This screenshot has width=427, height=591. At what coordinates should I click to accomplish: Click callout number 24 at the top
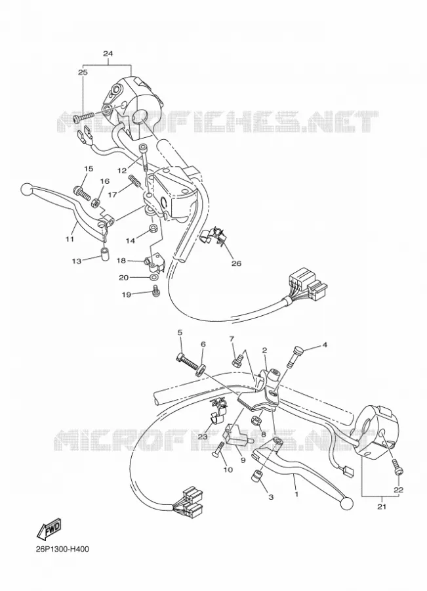pyautogui.click(x=108, y=54)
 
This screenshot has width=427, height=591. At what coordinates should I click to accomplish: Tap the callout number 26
pyautogui.click(x=236, y=263)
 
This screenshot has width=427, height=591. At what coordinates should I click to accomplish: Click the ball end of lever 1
pyautogui.click(x=347, y=503)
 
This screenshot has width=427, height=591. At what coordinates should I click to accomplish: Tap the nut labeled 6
pyautogui.click(x=200, y=369)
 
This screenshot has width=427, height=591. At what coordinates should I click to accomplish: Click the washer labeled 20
pyautogui.click(x=153, y=278)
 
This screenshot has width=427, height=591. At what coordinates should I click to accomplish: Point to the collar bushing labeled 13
pyautogui.click(x=104, y=253)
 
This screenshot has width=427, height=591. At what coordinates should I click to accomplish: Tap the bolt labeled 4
pyautogui.click(x=294, y=356)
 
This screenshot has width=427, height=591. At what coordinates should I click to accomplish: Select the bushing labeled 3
pyautogui.click(x=256, y=475)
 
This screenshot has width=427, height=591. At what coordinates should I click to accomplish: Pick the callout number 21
pyautogui.click(x=382, y=506)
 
